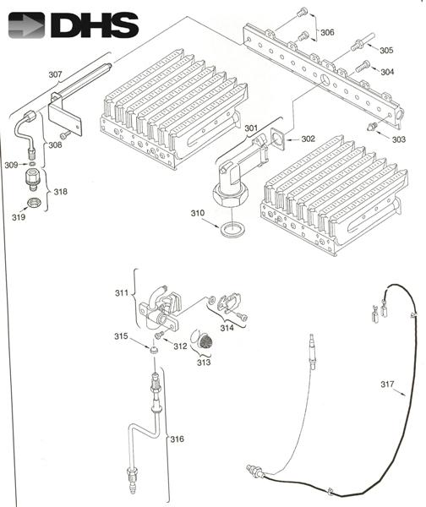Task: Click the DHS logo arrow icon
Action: pos(26,25)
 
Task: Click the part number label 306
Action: pos(327,32)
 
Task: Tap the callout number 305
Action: pos(386,50)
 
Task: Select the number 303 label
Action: pos(398,139)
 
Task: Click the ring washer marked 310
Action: pos(232,230)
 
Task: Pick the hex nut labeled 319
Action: pos(33,203)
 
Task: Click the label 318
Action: pos(61,192)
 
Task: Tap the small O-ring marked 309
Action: pos(32,164)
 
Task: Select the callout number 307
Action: pos(55,74)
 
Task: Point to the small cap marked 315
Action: pos(155,350)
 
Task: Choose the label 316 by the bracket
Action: pos(177,439)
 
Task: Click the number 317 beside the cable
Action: pos(387,384)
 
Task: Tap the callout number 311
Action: pos(122,293)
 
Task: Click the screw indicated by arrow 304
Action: pos(363,66)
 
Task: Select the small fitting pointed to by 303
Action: pos(372,126)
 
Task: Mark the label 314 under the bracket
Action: pos(227,328)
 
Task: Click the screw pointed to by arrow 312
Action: pos(160,335)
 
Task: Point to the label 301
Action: pos(251,128)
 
